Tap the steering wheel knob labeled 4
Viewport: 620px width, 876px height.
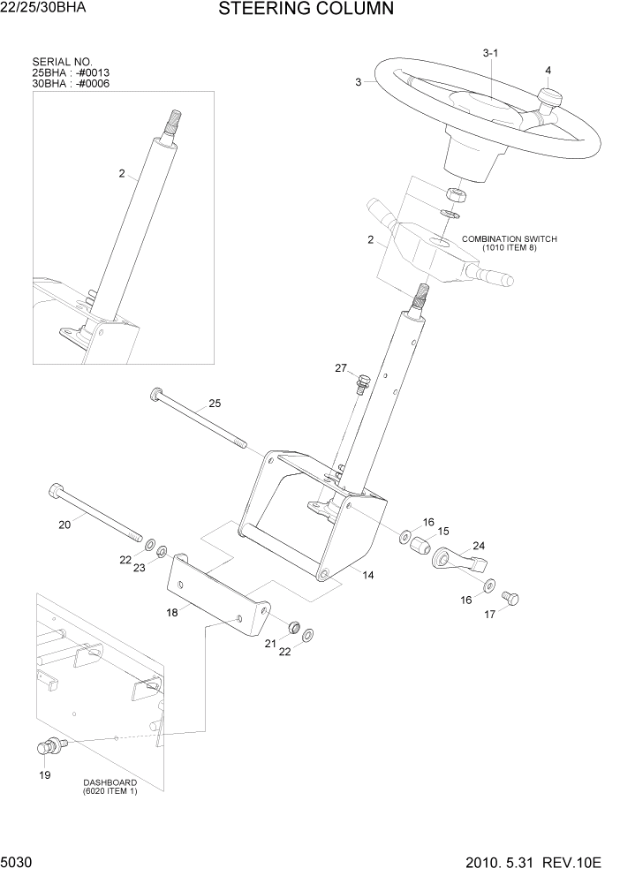click(x=551, y=98)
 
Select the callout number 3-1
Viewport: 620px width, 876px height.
click(x=491, y=54)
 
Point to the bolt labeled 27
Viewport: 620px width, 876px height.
click(x=362, y=384)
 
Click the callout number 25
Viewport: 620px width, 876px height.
click(x=214, y=404)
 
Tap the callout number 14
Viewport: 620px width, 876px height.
click(x=367, y=575)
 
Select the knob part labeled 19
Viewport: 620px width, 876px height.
click(x=47, y=748)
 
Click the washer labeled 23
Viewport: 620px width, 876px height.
click(x=163, y=551)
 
